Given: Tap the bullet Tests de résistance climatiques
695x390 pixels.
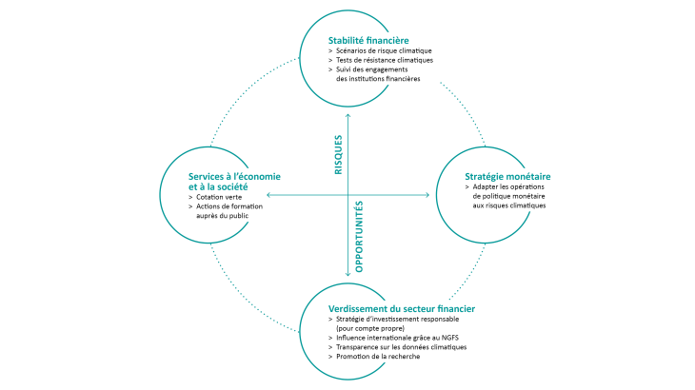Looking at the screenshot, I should tap(385, 60).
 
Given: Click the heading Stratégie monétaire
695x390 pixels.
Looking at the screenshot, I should tap(506, 177).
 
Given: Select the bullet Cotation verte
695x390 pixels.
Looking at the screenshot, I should tap(219, 197).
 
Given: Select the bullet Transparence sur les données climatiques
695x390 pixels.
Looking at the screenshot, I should tap(401, 347).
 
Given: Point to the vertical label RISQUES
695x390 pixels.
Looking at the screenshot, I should tap(338, 153).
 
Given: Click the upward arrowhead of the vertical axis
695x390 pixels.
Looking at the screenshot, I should tap(347, 116).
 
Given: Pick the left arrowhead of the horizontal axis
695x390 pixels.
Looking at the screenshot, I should tap(268, 195).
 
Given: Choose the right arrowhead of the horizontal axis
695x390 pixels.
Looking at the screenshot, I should tap(427, 195).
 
